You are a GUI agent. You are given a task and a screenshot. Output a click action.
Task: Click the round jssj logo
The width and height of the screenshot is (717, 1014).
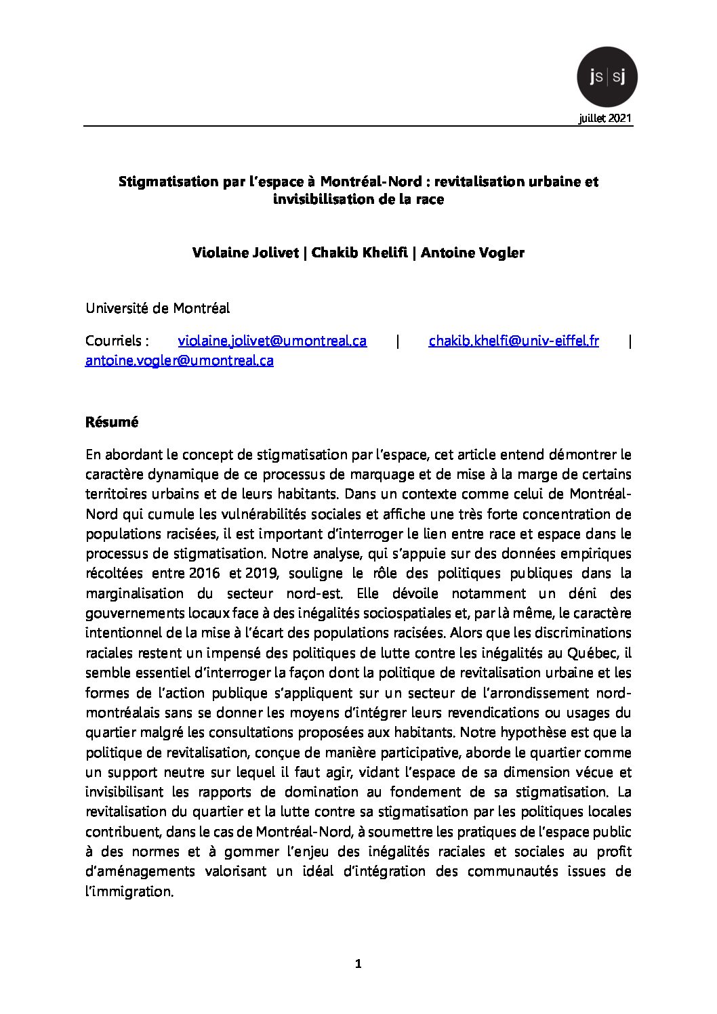pyautogui.click(x=607, y=77)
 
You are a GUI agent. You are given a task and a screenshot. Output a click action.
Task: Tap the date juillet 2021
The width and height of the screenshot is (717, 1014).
pyautogui.click(x=605, y=119)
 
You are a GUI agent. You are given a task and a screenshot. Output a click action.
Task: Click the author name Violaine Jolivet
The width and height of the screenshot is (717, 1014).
pyautogui.click(x=246, y=253)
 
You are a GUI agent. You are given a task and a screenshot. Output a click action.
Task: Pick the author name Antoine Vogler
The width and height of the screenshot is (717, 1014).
pyautogui.click(x=472, y=253)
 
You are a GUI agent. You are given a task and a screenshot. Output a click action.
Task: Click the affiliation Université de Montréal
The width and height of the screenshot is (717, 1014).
pyautogui.click(x=157, y=308)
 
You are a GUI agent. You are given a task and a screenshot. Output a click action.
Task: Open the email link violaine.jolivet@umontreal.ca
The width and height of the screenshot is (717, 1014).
pyautogui.click(x=272, y=341)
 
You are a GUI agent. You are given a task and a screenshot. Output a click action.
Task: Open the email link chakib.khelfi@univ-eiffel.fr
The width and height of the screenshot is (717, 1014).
pyautogui.click(x=513, y=341)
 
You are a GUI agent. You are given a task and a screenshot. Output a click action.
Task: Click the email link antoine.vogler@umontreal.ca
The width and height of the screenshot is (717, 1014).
pyautogui.click(x=180, y=360)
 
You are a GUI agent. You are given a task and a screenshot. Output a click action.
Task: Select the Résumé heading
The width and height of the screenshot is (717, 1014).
pyautogui.click(x=112, y=422)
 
